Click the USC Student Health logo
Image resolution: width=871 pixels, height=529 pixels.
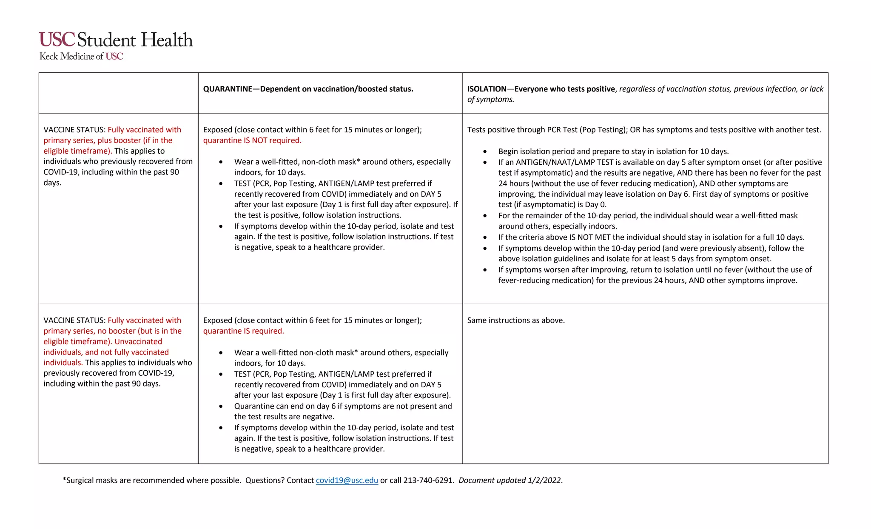pos(116,40)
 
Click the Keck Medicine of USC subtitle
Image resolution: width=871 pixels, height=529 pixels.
pos(81,56)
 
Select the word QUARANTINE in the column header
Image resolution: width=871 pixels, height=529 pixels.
pos(228,89)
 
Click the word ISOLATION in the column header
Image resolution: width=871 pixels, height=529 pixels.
pos(487,89)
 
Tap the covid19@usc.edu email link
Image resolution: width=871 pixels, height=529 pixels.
pos(347,480)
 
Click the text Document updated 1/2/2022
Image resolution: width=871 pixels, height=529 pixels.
pos(510,480)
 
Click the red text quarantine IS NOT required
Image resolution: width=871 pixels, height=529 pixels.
pos(252,140)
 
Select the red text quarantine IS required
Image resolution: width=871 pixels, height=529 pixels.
pos(243,331)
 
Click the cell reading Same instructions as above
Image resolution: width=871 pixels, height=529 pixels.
pos(516,320)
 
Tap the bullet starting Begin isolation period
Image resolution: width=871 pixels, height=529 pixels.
pos(613,152)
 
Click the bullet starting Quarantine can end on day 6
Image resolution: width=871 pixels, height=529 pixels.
pos(343,406)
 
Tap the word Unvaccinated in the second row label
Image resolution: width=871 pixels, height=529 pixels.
pos(138,342)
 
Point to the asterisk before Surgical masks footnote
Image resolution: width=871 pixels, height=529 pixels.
pos(64,480)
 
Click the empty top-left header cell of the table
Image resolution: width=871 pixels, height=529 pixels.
pos(118,93)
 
